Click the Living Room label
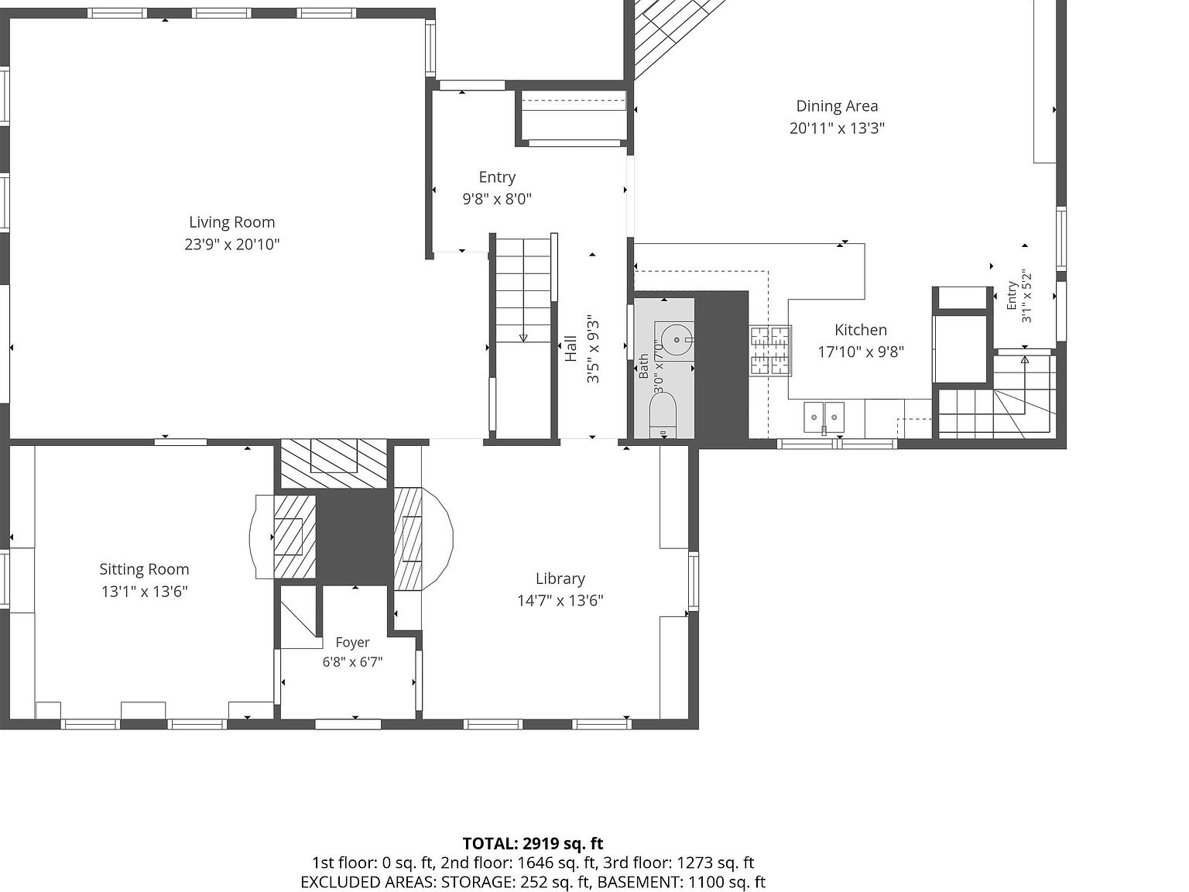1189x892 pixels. click(232, 222)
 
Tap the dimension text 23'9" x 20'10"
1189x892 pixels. click(232, 244)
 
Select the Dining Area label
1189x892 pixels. click(836, 106)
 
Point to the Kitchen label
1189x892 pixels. click(860, 330)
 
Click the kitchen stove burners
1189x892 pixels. click(770, 351)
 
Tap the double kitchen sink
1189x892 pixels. click(824, 417)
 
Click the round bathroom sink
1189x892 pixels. click(677, 340)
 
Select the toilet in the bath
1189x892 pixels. click(663, 415)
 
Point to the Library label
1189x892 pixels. click(560, 578)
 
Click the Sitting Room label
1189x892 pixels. click(144, 569)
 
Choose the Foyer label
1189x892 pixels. click(352, 643)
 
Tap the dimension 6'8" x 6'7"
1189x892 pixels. click(352, 662)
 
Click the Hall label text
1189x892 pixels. click(571, 348)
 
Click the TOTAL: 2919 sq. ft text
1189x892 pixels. click(533, 843)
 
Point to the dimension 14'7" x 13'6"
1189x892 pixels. click(560, 601)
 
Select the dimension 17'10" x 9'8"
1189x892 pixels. click(860, 352)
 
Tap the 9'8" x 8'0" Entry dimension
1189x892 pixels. click(497, 199)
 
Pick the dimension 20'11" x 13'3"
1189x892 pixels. click(836, 129)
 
